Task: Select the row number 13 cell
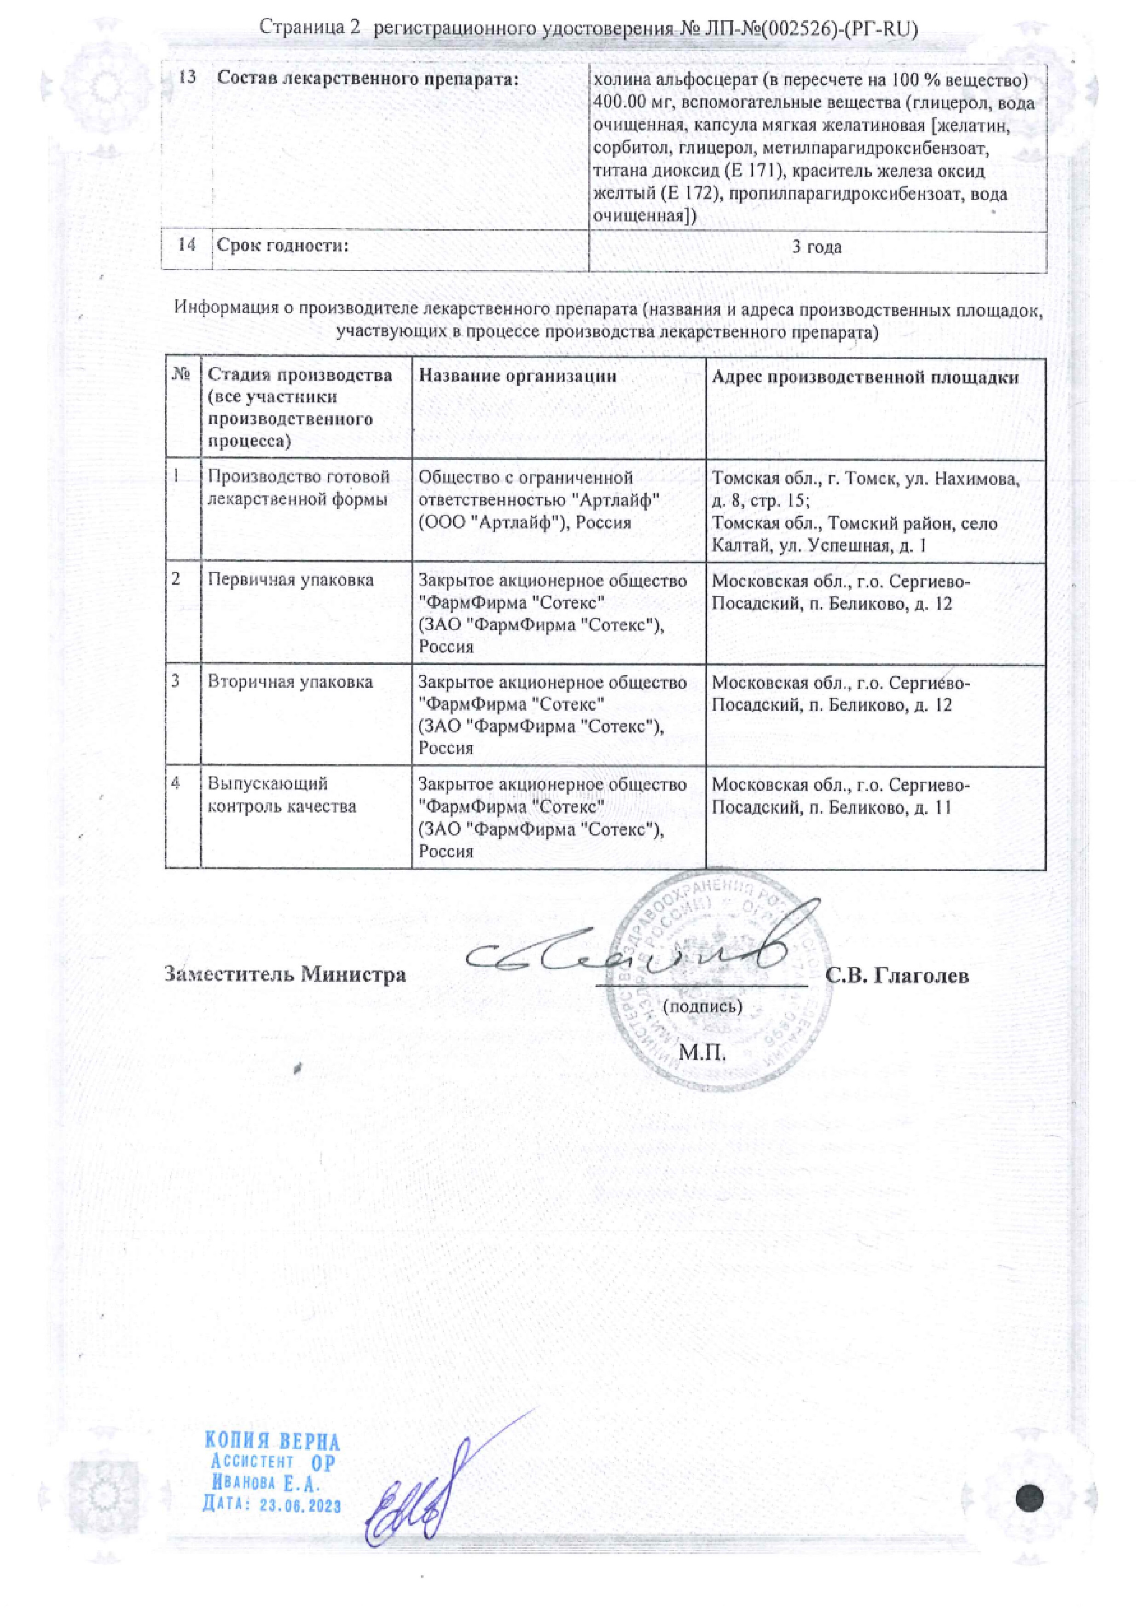(x=186, y=77)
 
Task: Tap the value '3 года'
(x=817, y=247)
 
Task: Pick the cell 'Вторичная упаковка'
(x=290, y=682)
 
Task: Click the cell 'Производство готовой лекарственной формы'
(x=298, y=488)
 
